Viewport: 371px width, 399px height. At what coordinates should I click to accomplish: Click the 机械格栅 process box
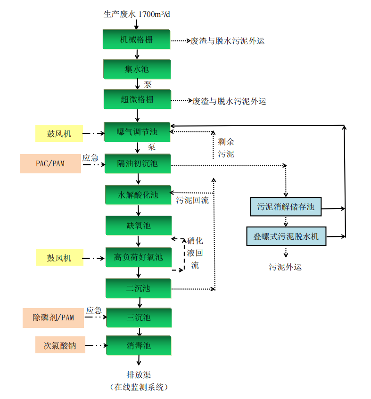pyautogui.click(x=136, y=39)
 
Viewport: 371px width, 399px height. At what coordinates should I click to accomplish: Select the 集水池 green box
pyautogui.click(x=136, y=69)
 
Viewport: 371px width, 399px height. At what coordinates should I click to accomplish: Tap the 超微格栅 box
pyautogui.click(x=137, y=100)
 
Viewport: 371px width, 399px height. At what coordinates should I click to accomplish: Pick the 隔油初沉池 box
pyautogui.click(x=137, y=164)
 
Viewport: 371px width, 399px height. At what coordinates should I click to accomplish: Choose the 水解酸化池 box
pyautogui.click(x=138, y=195)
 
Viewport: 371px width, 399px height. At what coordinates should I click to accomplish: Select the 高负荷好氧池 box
pyautogui.click(x=138, y=257)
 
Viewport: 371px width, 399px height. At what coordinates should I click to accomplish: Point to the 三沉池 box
pyautogui.click(x=138, y=318)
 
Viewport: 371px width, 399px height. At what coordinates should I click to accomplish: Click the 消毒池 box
pyautogui.click(x=138, y=346)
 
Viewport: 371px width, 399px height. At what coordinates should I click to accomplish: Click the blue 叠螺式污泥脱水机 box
pyautogui.click(x=286, y=236)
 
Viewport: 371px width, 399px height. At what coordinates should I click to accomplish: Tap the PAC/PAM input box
pyautogui.click(x=50, y=164)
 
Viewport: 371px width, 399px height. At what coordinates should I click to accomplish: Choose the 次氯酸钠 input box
pyautogui.click(x=59, y=345)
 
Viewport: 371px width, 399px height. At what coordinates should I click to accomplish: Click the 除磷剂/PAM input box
pyautogui.click(x=53, y=318)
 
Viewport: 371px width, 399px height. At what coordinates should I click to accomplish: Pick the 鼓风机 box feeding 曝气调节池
pyautogui.click(x=59, y=134)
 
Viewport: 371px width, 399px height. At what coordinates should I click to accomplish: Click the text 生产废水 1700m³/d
pyautogui.click(x=137, y=14)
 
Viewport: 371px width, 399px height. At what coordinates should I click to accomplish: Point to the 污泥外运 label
pyautogui.click(x=285, y=267)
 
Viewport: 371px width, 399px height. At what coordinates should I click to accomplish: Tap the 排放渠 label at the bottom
pyautogui.click(x=138, y=375)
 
